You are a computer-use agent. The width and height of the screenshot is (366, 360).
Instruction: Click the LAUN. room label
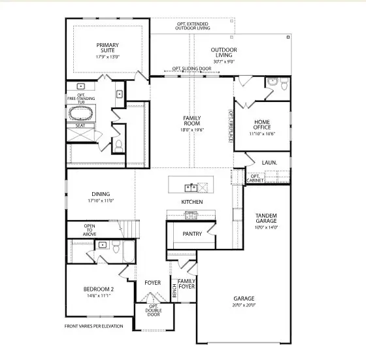tap(269, 162)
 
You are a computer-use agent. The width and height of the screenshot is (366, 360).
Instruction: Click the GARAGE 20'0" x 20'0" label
tap(244, 302)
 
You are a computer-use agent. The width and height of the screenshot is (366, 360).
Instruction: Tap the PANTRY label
tap(191, 233)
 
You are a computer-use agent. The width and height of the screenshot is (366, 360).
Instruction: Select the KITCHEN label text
tap(192, 202)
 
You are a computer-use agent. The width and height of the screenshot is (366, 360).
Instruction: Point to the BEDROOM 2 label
tap(99, 292)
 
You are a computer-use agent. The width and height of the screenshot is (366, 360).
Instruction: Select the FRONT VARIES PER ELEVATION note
tap(93, 326)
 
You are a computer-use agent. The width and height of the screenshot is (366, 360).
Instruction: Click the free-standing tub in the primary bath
tap(82, 112)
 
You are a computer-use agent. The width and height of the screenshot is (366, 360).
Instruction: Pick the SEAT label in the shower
tap(80, 125)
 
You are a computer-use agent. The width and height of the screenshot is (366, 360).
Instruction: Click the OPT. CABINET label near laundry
tap(255, 178)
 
